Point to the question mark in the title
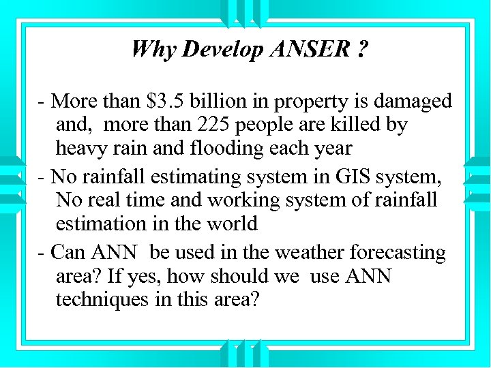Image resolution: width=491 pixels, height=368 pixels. (x=361, y=49)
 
